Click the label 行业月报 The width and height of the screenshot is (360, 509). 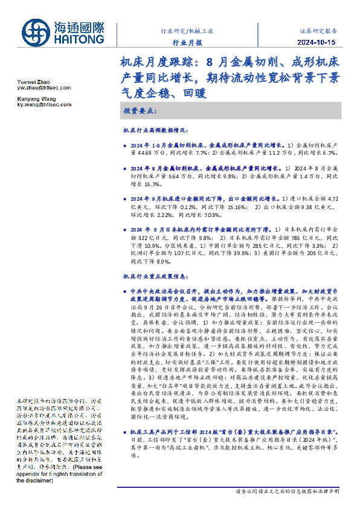tap(188, 43)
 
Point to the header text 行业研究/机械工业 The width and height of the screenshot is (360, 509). tap(188, 30)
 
